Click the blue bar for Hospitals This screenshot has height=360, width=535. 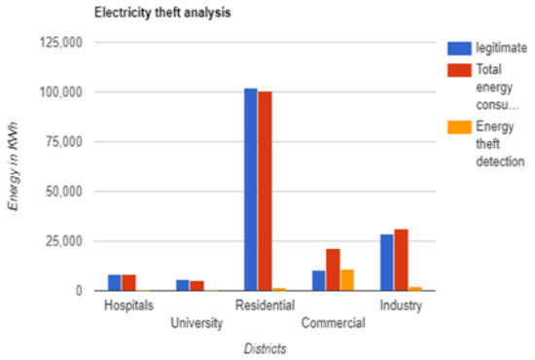click(115, 283)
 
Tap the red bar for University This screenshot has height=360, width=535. click(196, 285)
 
